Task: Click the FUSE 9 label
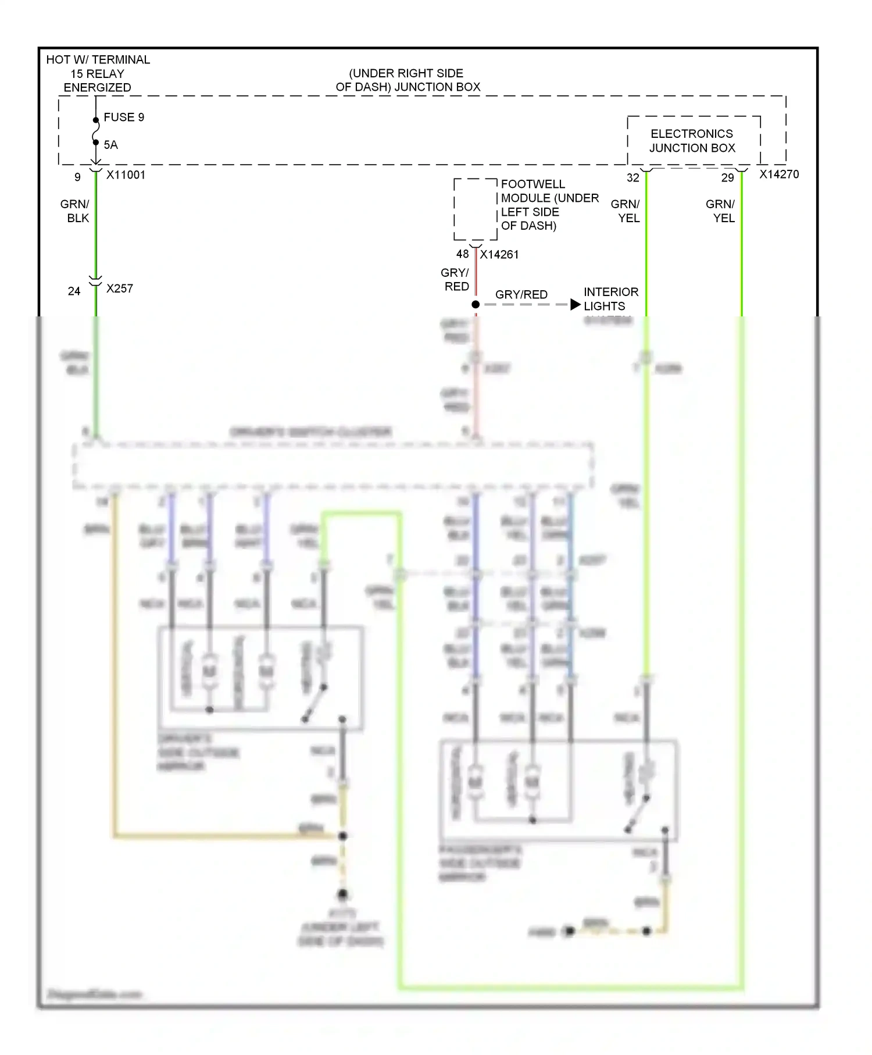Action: pos(123,117)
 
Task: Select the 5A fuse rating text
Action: pos(110,145)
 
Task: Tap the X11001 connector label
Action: pos(126,175)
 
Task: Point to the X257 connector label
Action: pos(120,288)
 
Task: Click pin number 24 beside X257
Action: pos(74,291)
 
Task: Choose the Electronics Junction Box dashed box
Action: pos(694,141)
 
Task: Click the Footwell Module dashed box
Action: pos(475,209)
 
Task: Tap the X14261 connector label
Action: pos(499,255)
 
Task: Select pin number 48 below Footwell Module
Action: pos(462,254)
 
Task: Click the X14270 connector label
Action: pos(779,174)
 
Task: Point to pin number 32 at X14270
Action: pos(632,178)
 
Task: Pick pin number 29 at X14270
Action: pos(727,178)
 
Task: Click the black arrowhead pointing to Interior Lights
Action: pos(575,305)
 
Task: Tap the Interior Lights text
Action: pos(610,299)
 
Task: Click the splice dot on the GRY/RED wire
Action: pos(476,305)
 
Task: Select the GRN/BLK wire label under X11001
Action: pos(75,211)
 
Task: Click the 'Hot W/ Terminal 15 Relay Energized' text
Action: pos(98,73)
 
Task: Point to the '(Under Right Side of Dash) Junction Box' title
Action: pos(407,80)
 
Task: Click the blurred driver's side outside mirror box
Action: pos(260,677)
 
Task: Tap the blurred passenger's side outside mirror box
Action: pos(558,790)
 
